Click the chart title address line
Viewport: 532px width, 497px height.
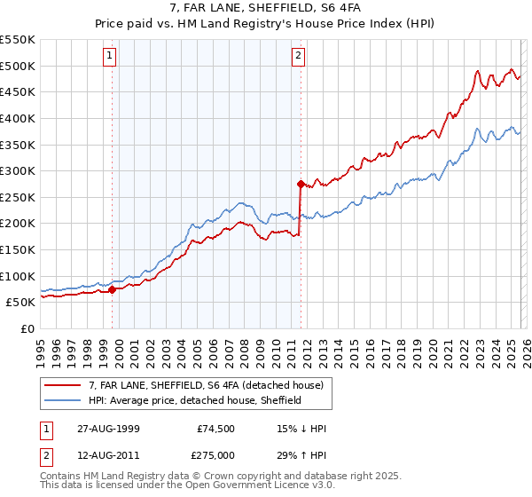265,8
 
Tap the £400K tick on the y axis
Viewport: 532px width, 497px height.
18,118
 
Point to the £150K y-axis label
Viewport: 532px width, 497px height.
18,249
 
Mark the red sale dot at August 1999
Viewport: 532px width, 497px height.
113,289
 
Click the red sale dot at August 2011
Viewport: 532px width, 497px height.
301,184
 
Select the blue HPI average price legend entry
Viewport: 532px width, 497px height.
195,400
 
